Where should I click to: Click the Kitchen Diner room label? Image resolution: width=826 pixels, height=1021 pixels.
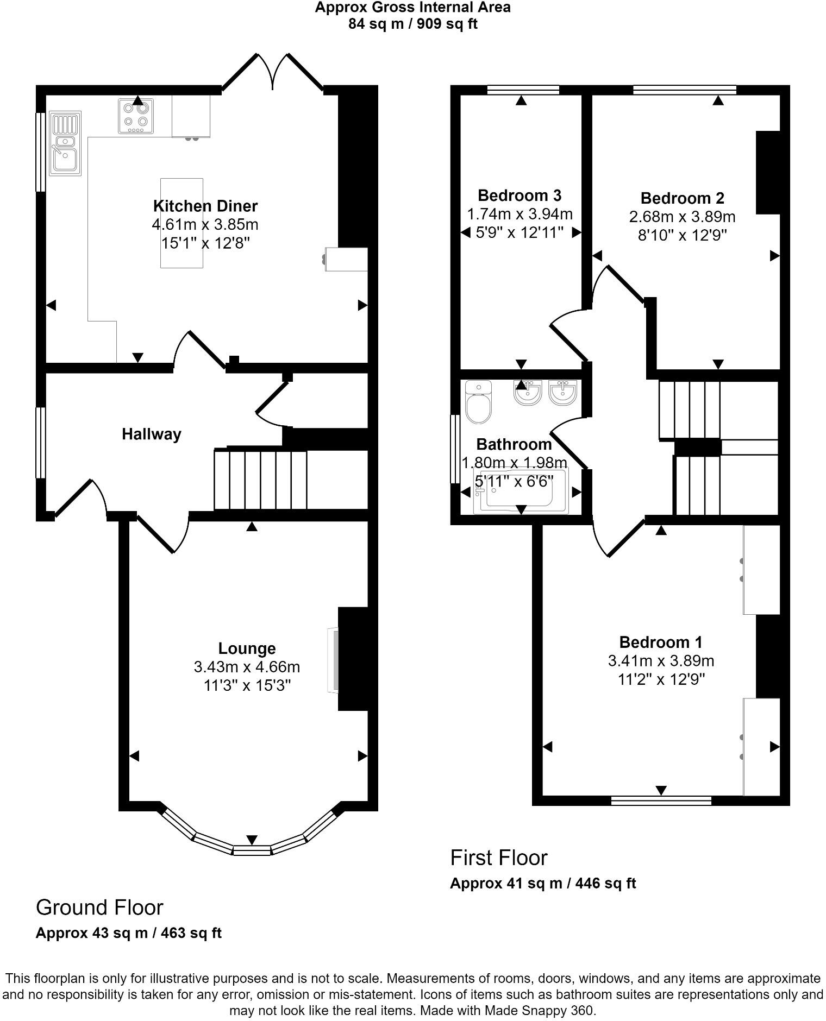click(x=205, y=206)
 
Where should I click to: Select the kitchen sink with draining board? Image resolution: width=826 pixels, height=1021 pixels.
click(x=65, y=143)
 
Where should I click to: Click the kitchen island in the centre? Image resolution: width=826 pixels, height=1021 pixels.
click(x=182, y=223)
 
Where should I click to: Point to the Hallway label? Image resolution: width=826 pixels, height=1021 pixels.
click(x=151, y=434)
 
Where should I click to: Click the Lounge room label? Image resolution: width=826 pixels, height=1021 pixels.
click(x=247, y=648)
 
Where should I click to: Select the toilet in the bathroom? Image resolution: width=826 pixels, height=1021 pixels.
click(x=479, y=402)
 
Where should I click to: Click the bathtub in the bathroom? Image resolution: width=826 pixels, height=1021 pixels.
click(x=521, y=491)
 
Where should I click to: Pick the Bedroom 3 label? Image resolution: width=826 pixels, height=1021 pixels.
click(x=520, y=195)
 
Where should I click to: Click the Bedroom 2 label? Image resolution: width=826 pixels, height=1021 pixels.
click(x=682, y=198)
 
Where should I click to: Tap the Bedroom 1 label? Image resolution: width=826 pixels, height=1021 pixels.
click(x=660, y=642)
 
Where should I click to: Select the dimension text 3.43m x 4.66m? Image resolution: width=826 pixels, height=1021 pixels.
click(x=247, y=666)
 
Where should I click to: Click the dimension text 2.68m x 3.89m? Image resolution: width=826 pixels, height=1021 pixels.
click(x=682, y=217)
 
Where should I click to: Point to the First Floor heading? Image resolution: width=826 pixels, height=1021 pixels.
click(x=498, y=858)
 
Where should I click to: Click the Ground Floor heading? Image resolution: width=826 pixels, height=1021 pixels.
click(x=99, y=907)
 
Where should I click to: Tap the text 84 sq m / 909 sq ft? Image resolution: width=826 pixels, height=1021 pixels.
click(x=413, y=24)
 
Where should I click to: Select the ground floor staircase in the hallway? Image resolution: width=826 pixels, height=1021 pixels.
click(x=261, y=480)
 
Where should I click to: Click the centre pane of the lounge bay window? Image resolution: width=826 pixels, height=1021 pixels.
click(x=252, y=850)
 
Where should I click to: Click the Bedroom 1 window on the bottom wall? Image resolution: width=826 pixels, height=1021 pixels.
click(x=661, y=801)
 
